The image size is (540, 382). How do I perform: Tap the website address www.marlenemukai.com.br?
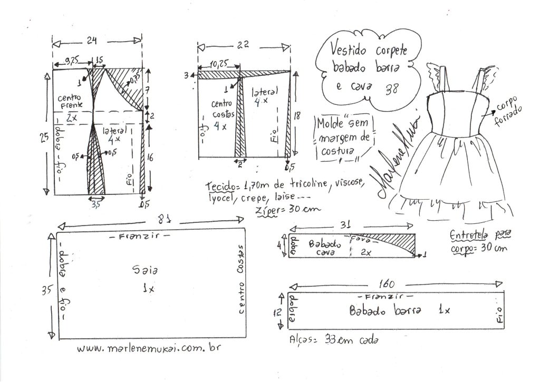coord(148,349)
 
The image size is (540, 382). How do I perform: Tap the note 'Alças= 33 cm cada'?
coord(334,340)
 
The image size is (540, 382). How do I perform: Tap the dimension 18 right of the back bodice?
coord(297,115)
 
